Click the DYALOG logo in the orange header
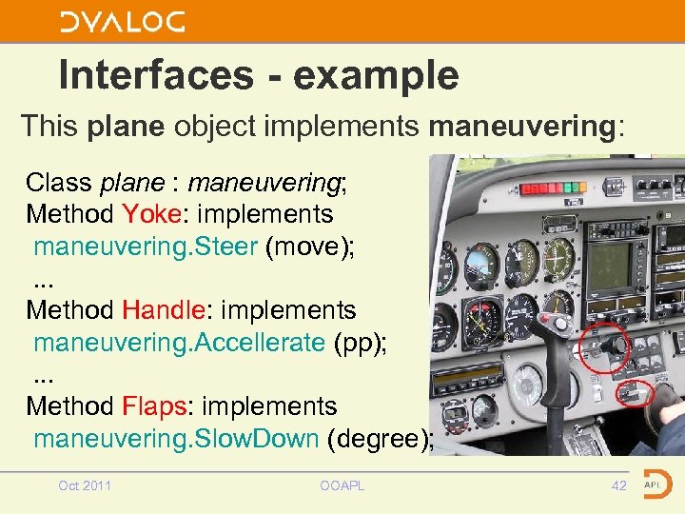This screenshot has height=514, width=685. [122, 21]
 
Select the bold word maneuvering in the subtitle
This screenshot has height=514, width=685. [523, 126]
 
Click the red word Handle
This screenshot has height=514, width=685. [158, 310]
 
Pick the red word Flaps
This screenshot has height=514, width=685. [156, 406]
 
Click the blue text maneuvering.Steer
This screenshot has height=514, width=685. [146, 247]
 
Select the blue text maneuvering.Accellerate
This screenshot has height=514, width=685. [179, 343]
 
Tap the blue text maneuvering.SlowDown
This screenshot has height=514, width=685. [176, 439]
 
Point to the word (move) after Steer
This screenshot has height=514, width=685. [310, 247]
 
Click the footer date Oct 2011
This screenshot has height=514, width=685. [85, 486]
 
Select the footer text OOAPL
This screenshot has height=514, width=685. [342, 486]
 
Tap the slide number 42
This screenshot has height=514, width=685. [619, 486]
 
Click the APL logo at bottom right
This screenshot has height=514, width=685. [656, 484]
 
